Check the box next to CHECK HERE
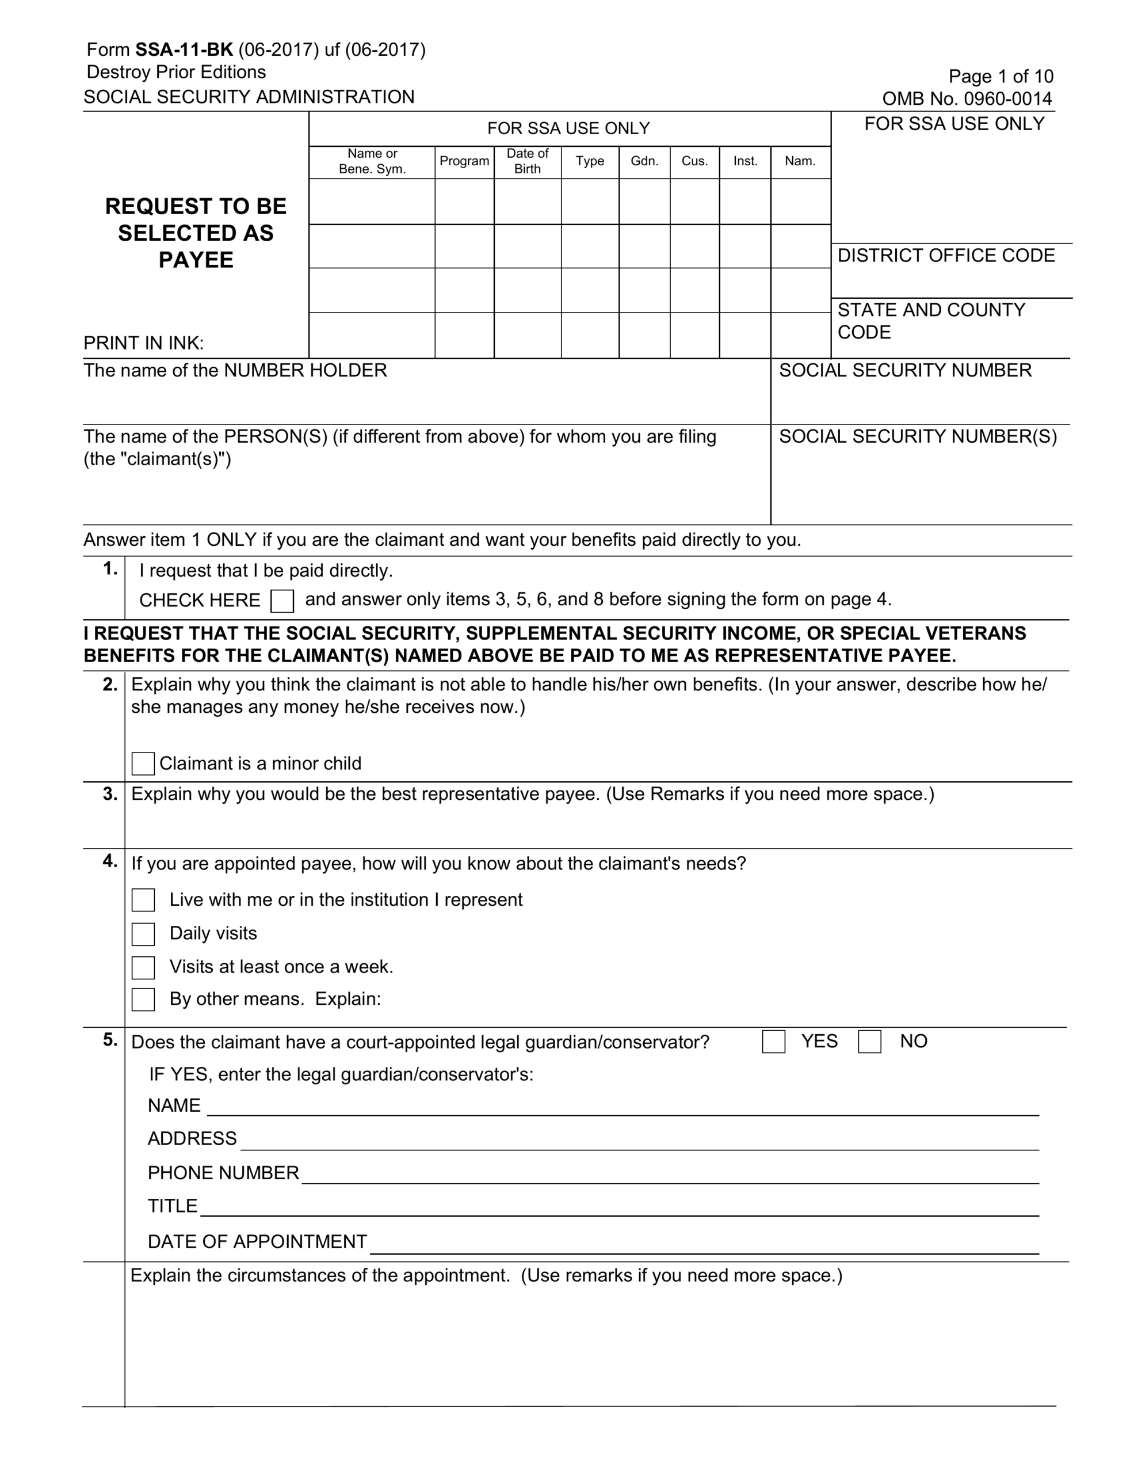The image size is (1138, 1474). click(x=282, y=601)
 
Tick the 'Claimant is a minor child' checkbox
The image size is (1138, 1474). click(x=143, y=763)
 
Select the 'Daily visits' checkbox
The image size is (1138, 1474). click(x=143, y=934)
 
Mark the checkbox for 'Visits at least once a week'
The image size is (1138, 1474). click(x=143, y=967)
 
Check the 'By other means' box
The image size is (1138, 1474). click(x=143, y=1000)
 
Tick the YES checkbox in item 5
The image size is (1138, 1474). click(x=773, y=1042)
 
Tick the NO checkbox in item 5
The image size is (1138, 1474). click(x=869, y=1042)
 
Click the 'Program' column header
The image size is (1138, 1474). click(x=464, y=161)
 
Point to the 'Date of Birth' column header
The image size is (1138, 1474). click(x=527, y=161)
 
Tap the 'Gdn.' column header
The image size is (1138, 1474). click(x=644, y=161)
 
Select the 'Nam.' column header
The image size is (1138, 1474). click(x=800, y=161)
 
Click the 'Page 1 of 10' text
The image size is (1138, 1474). click(x=1000, y=76)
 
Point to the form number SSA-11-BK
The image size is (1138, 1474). click(x=184, y=50)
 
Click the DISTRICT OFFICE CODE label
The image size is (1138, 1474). click(x=946, y=256)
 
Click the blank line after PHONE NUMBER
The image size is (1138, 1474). click(x=669, y=1176)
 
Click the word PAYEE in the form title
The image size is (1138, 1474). click(x=196, y=260)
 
